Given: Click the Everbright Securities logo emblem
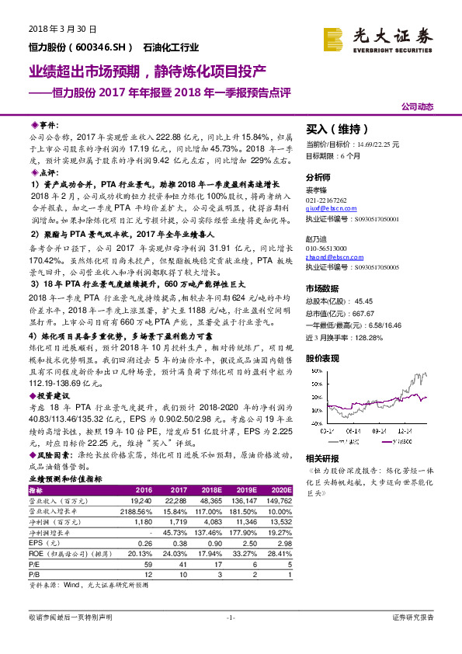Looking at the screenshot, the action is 335,37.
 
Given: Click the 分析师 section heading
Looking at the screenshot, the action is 319,177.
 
